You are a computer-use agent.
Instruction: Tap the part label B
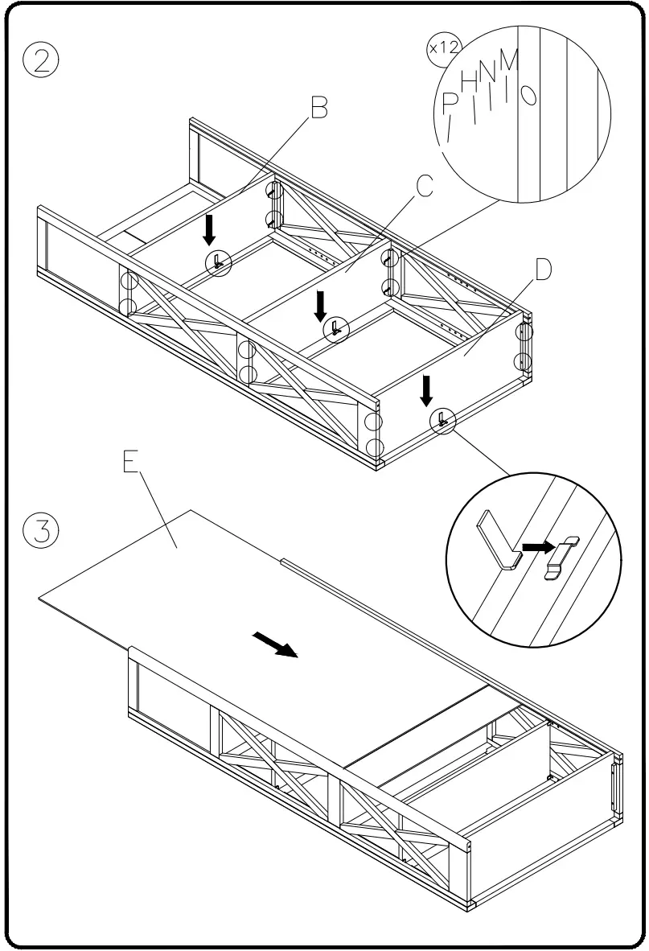click(319, 107)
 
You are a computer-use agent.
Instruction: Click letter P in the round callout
click(450, 102)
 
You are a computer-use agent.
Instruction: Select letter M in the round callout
click(508, 61)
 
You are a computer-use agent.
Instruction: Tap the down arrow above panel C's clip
click(320, 304)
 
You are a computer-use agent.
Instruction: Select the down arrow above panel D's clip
click(426, 390)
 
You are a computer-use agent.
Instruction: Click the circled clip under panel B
click(218, 261)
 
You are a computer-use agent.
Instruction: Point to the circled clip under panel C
click(335, 328)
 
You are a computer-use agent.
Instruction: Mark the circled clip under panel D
click(442, 418)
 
